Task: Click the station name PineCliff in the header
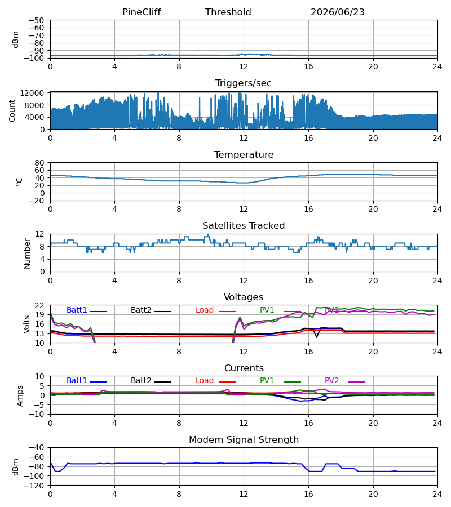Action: (142, 12)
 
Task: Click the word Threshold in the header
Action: (228, 12)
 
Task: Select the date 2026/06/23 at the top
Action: (338, 12)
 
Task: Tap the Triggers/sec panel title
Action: (244, 83)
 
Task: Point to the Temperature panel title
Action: (244, 154)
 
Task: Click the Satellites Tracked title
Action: (244, 226)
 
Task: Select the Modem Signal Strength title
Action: (244, 440)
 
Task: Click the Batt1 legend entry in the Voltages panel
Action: (87, 310)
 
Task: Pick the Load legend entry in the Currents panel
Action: (216, 381)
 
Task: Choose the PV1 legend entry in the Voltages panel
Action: (280, 310)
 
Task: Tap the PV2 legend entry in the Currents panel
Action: (345, 381)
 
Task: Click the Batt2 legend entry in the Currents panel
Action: (151, 381)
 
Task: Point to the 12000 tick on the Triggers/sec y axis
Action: (32, 93)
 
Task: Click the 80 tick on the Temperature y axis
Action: (39, 163)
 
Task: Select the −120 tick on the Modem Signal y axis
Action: (36, 486)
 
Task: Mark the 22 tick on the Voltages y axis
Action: (39, 305)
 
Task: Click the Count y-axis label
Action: (12, 110)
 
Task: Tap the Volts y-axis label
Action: (27, 324)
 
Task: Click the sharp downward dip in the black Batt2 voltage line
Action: (317, 337)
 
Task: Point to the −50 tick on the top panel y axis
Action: (36, 20)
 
